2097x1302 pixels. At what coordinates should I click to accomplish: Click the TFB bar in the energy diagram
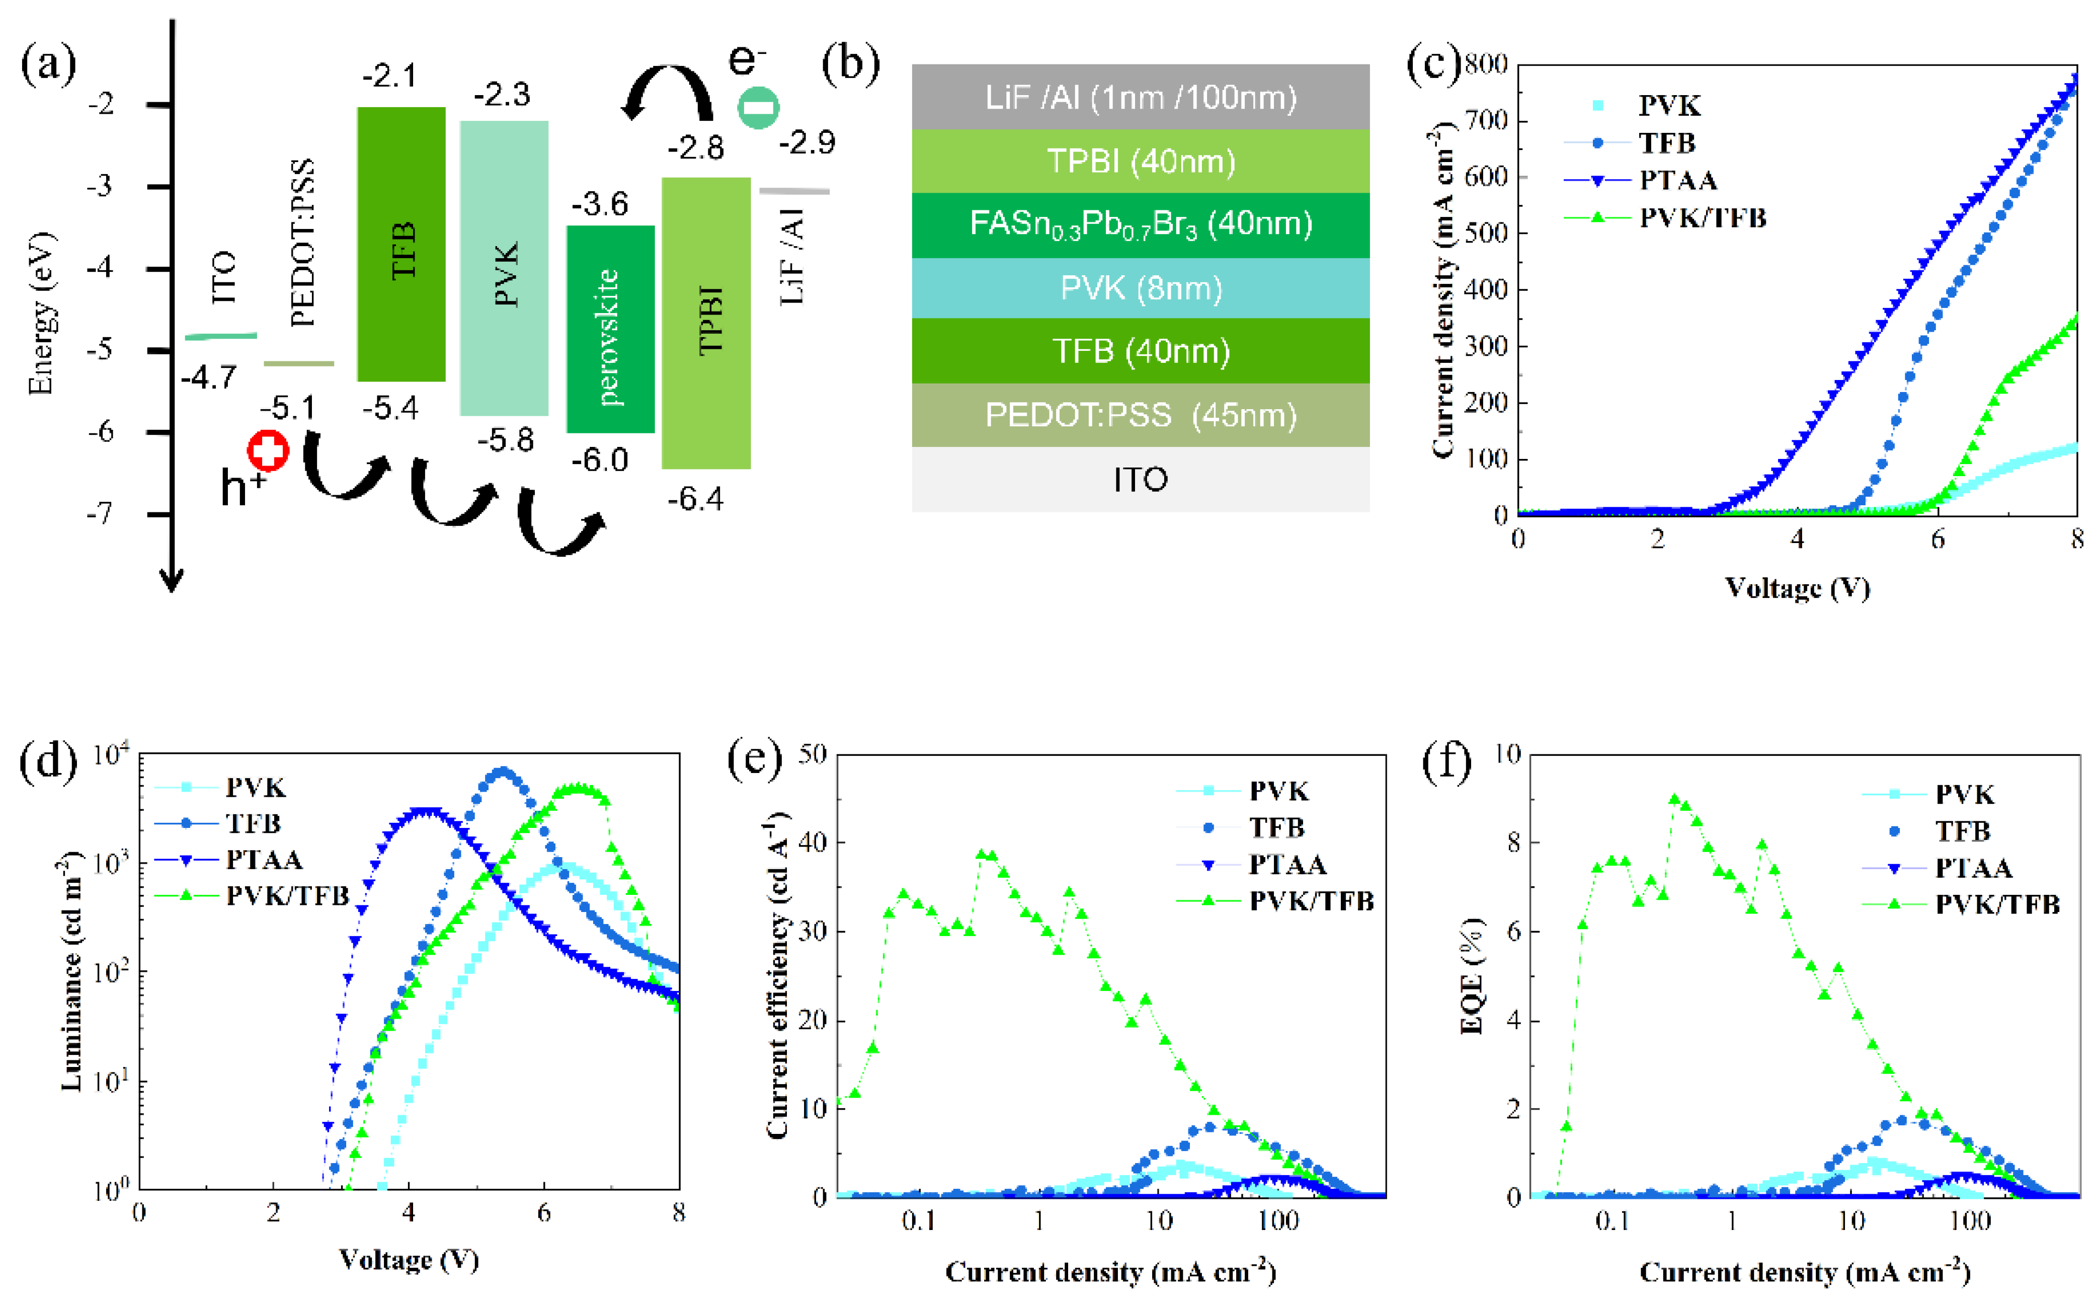[401, 244]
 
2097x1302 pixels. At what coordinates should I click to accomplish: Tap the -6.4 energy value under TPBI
[695, 499]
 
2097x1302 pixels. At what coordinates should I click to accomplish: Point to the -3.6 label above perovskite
[600, 204]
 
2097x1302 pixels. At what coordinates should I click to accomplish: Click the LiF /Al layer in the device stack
[1140, 97]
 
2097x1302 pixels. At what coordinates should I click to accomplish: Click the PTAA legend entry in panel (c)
[1677, 180]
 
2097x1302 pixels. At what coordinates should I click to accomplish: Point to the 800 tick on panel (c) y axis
[1486, 64]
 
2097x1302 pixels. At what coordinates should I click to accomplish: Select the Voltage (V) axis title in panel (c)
[1797, 588]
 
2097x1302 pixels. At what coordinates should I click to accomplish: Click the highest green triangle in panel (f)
[1674, 799]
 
